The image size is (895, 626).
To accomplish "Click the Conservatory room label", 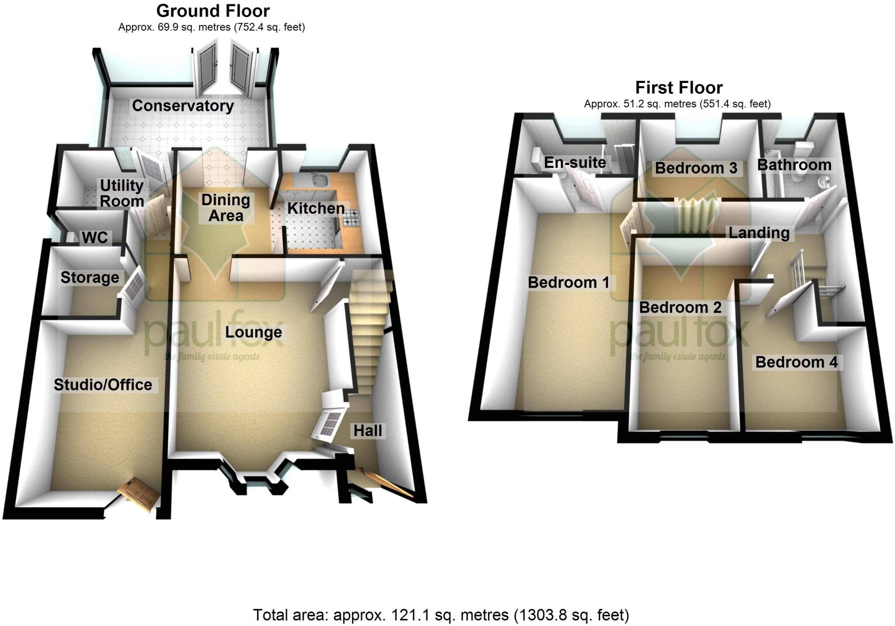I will (x=183, y=106).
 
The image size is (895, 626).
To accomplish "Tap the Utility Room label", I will (x=122, y=193).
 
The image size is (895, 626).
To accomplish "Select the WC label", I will (x=95, y=237).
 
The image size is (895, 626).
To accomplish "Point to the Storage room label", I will (x=90, y=277).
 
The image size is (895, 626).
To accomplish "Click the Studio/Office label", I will (x=103, y=385).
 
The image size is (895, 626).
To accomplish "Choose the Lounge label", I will (x=253, y=332).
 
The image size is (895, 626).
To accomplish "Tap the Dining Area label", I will (x=225, y=208).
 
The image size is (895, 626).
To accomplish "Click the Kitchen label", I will (x=316, y=208).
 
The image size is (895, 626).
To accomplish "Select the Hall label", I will (x=368, y=431).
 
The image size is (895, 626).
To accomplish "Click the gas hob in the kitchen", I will (x=352, y=217).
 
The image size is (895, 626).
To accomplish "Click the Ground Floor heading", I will (x=213, y=11).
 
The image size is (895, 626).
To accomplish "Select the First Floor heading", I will (x=679, y=88).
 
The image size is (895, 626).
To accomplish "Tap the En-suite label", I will (x=575, y=162).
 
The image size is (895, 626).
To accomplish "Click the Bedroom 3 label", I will (x=696, y=168).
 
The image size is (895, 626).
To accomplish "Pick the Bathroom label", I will (x=794, y=165).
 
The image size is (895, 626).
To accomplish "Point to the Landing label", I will (x=759, y=233).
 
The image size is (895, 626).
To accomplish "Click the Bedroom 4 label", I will (x=796, y=362).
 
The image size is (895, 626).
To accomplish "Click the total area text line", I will (x=441, y=615).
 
